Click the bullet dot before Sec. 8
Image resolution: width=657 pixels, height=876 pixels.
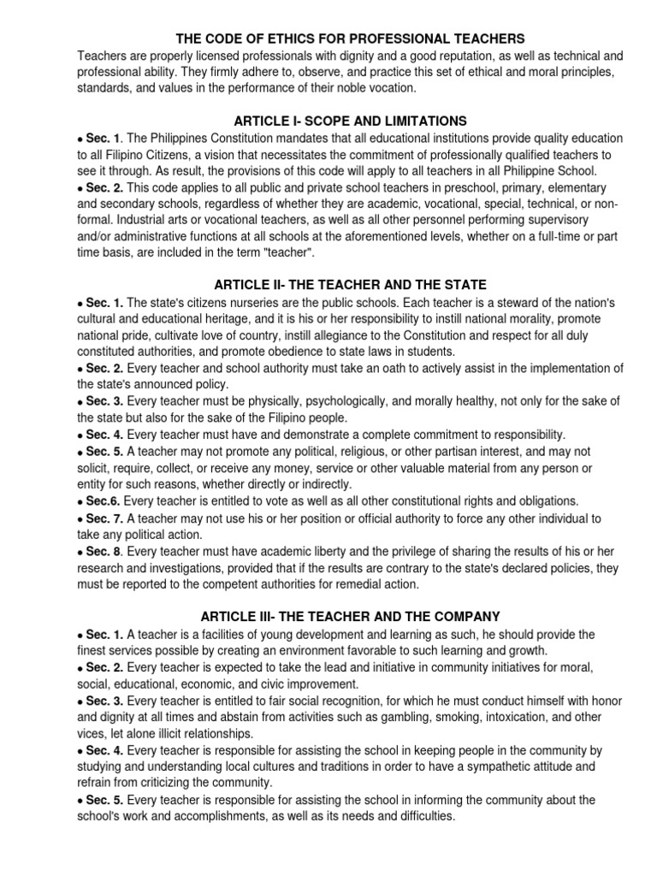tap(80, 553)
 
